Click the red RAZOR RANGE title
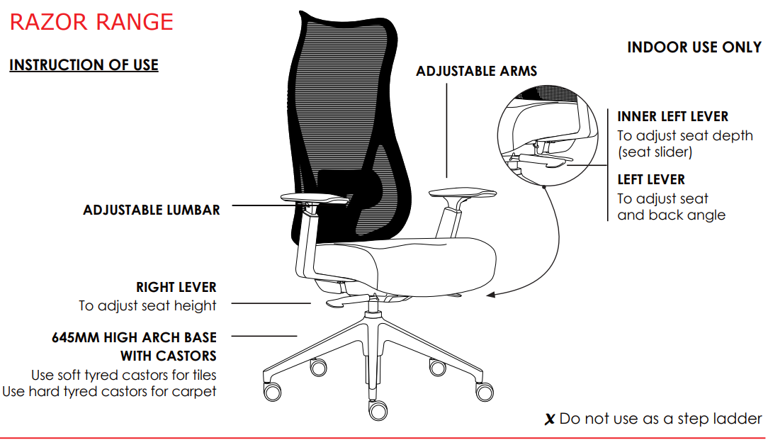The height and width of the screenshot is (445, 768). point(91,22)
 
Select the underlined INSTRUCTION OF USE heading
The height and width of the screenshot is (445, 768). point(84,64)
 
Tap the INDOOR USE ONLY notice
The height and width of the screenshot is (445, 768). point(694,47)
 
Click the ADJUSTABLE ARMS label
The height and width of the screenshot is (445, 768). point(477,71)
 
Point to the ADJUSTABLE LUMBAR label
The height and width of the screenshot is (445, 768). point(152,210)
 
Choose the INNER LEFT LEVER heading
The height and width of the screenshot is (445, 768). point(672,117)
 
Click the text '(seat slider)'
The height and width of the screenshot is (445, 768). point(655,152)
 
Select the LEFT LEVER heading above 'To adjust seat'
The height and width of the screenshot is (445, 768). point(651,179)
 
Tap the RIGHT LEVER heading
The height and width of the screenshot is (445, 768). point(176,287)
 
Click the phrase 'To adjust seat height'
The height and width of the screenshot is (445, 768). point(147,305)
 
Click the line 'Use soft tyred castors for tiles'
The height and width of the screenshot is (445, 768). point(123,375)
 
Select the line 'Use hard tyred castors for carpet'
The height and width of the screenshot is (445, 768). point(109,392)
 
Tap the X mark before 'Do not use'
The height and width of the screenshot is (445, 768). point(550,419)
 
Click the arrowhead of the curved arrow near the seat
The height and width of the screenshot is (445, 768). point(490,295)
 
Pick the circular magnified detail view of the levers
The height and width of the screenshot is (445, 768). point(548,136)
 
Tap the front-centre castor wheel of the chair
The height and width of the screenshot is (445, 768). point(378,411)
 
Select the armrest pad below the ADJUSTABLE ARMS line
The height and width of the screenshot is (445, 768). point(463,193)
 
